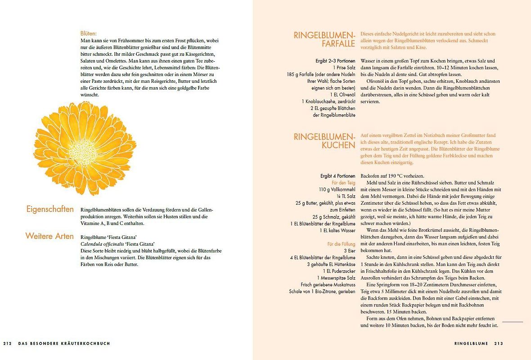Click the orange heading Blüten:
(89, 33)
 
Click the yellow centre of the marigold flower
(84, 147)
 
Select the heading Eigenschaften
(50, 209)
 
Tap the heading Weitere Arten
(49, 236)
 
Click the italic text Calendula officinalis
(99, 244)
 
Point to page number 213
(498, 343)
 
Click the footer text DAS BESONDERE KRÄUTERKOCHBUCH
(64, 343)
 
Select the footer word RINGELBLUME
(471, 343)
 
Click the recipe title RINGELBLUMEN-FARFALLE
(325, 39)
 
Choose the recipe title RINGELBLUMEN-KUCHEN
(325, 140)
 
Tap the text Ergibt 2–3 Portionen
(335, 61)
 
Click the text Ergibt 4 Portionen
(337, 176)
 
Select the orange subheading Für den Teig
(343, 183)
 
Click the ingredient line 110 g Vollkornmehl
(337, 189)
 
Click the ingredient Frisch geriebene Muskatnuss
(328, 284)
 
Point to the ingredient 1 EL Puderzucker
(338, 271)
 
